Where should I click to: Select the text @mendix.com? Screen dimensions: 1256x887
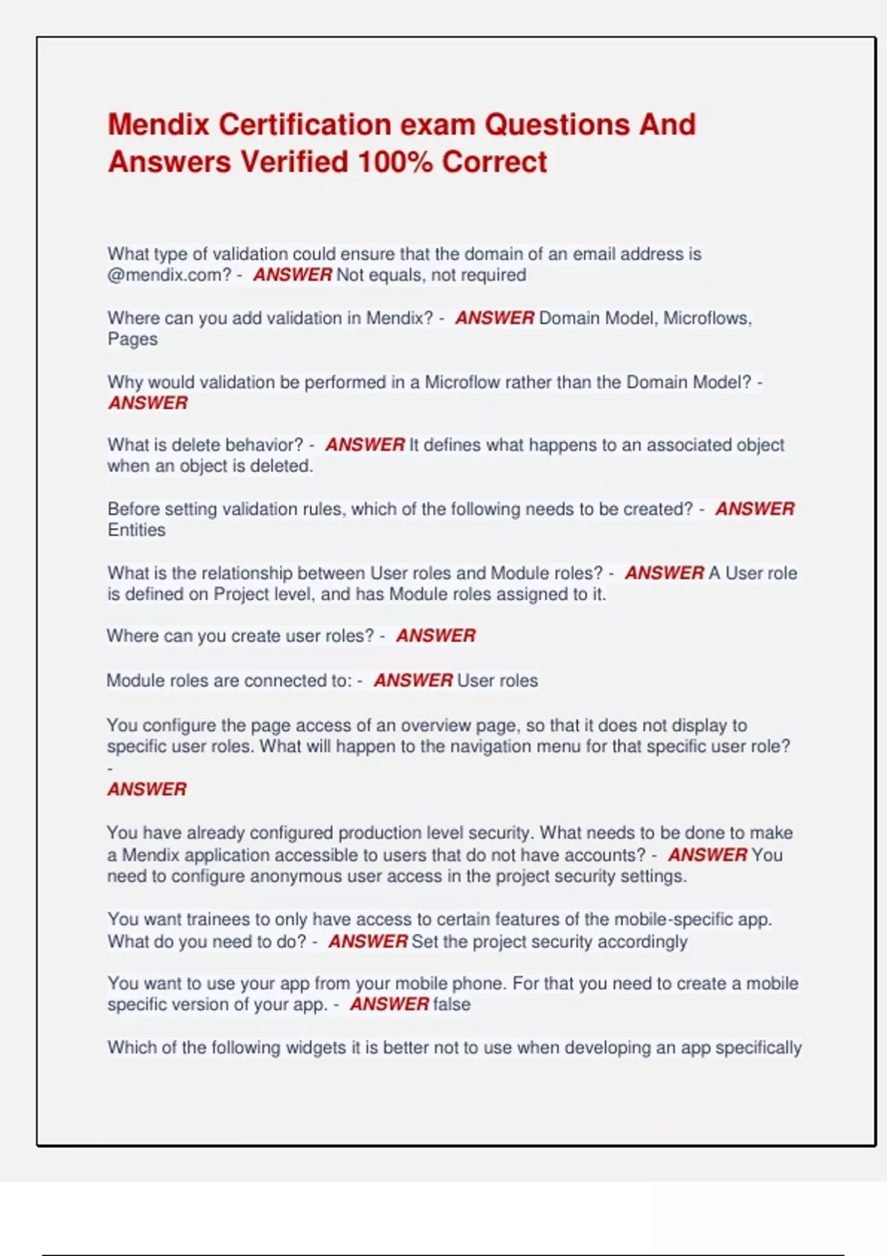pos(169,276)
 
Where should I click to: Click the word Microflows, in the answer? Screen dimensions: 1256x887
pos(707,318)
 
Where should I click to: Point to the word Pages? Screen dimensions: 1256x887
pos(132,339)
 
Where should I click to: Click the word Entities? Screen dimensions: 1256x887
pos(136,530)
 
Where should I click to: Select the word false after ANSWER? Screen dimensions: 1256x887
pos(452,1005)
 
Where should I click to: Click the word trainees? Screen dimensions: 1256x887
pos(218,920)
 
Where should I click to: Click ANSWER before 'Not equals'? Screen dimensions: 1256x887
pos(293,276)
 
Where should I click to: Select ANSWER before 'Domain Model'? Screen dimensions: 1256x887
pos(495,318)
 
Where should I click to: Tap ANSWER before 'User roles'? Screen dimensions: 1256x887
pos(413,680)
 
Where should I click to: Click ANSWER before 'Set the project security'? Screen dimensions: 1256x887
pos(368,942)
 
